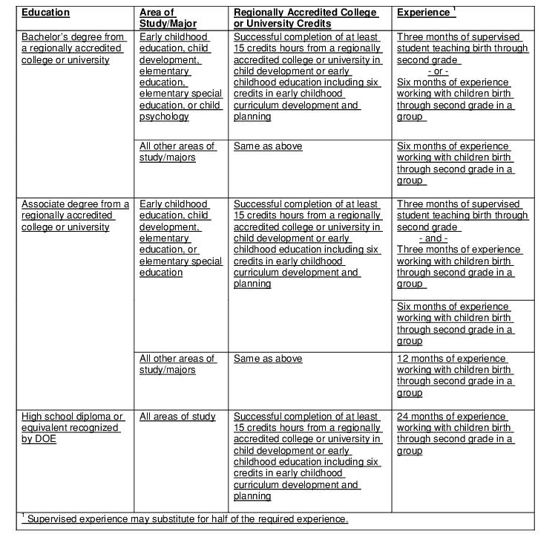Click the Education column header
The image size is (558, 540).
coord(45,13)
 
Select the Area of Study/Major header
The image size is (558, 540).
coord(168,18)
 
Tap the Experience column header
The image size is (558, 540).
coord(423,13)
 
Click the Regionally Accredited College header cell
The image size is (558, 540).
coord(306,18)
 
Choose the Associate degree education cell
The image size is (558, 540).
coord(75,215)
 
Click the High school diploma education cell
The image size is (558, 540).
coord(73,428)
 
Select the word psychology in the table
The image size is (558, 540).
coord(164,117)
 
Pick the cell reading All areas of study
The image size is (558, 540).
coord(177,417)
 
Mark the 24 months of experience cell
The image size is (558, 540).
coord(454,434)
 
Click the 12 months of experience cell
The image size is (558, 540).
coord(454,376)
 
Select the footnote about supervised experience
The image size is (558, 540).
coord(185,518)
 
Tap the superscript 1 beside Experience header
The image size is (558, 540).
coord(453,9)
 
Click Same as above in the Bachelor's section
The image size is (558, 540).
coord(268,146)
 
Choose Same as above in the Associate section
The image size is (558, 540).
coord(268,359)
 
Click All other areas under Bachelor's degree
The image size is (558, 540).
coord(177,152)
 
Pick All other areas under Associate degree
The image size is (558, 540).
coord(177,364)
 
